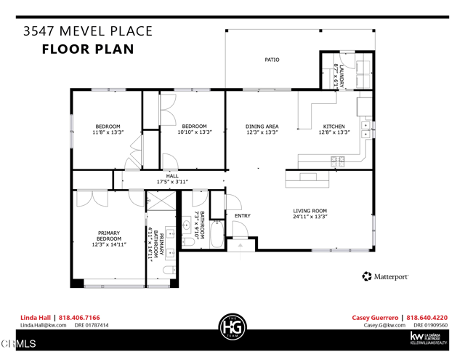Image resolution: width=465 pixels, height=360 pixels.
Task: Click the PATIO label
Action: (x=272, y=60)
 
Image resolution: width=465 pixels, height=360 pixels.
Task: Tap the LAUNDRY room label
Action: (x=336, y=73)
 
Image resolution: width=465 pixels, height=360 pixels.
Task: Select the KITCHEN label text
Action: (x=333, y=127)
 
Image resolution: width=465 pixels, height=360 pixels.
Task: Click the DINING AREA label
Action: (x=262, y=127)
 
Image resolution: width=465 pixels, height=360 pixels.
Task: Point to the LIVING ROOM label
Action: (x=310, y=211)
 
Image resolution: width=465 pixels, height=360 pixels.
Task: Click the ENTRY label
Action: (x=242, y=215)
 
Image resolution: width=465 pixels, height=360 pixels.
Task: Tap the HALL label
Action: (x=172, y=176)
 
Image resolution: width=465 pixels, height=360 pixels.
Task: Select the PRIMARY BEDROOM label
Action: (x=109, y=236)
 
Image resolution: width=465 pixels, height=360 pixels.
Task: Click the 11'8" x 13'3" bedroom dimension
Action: (x=108, y=133)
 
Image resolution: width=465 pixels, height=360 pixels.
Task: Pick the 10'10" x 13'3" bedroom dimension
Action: (x=194, y=133)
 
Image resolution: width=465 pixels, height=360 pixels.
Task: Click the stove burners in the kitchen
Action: (x=338, y=161)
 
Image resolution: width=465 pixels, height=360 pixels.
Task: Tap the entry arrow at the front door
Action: (x=240, y=246)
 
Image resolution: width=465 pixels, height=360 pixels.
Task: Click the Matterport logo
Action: (x=385, y=276)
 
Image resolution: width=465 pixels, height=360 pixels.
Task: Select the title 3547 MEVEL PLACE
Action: (x=88, y=31)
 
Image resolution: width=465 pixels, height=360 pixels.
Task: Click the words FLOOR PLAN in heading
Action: (x=88, y=49)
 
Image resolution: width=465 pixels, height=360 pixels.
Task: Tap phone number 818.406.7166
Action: (x=79, y=318)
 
